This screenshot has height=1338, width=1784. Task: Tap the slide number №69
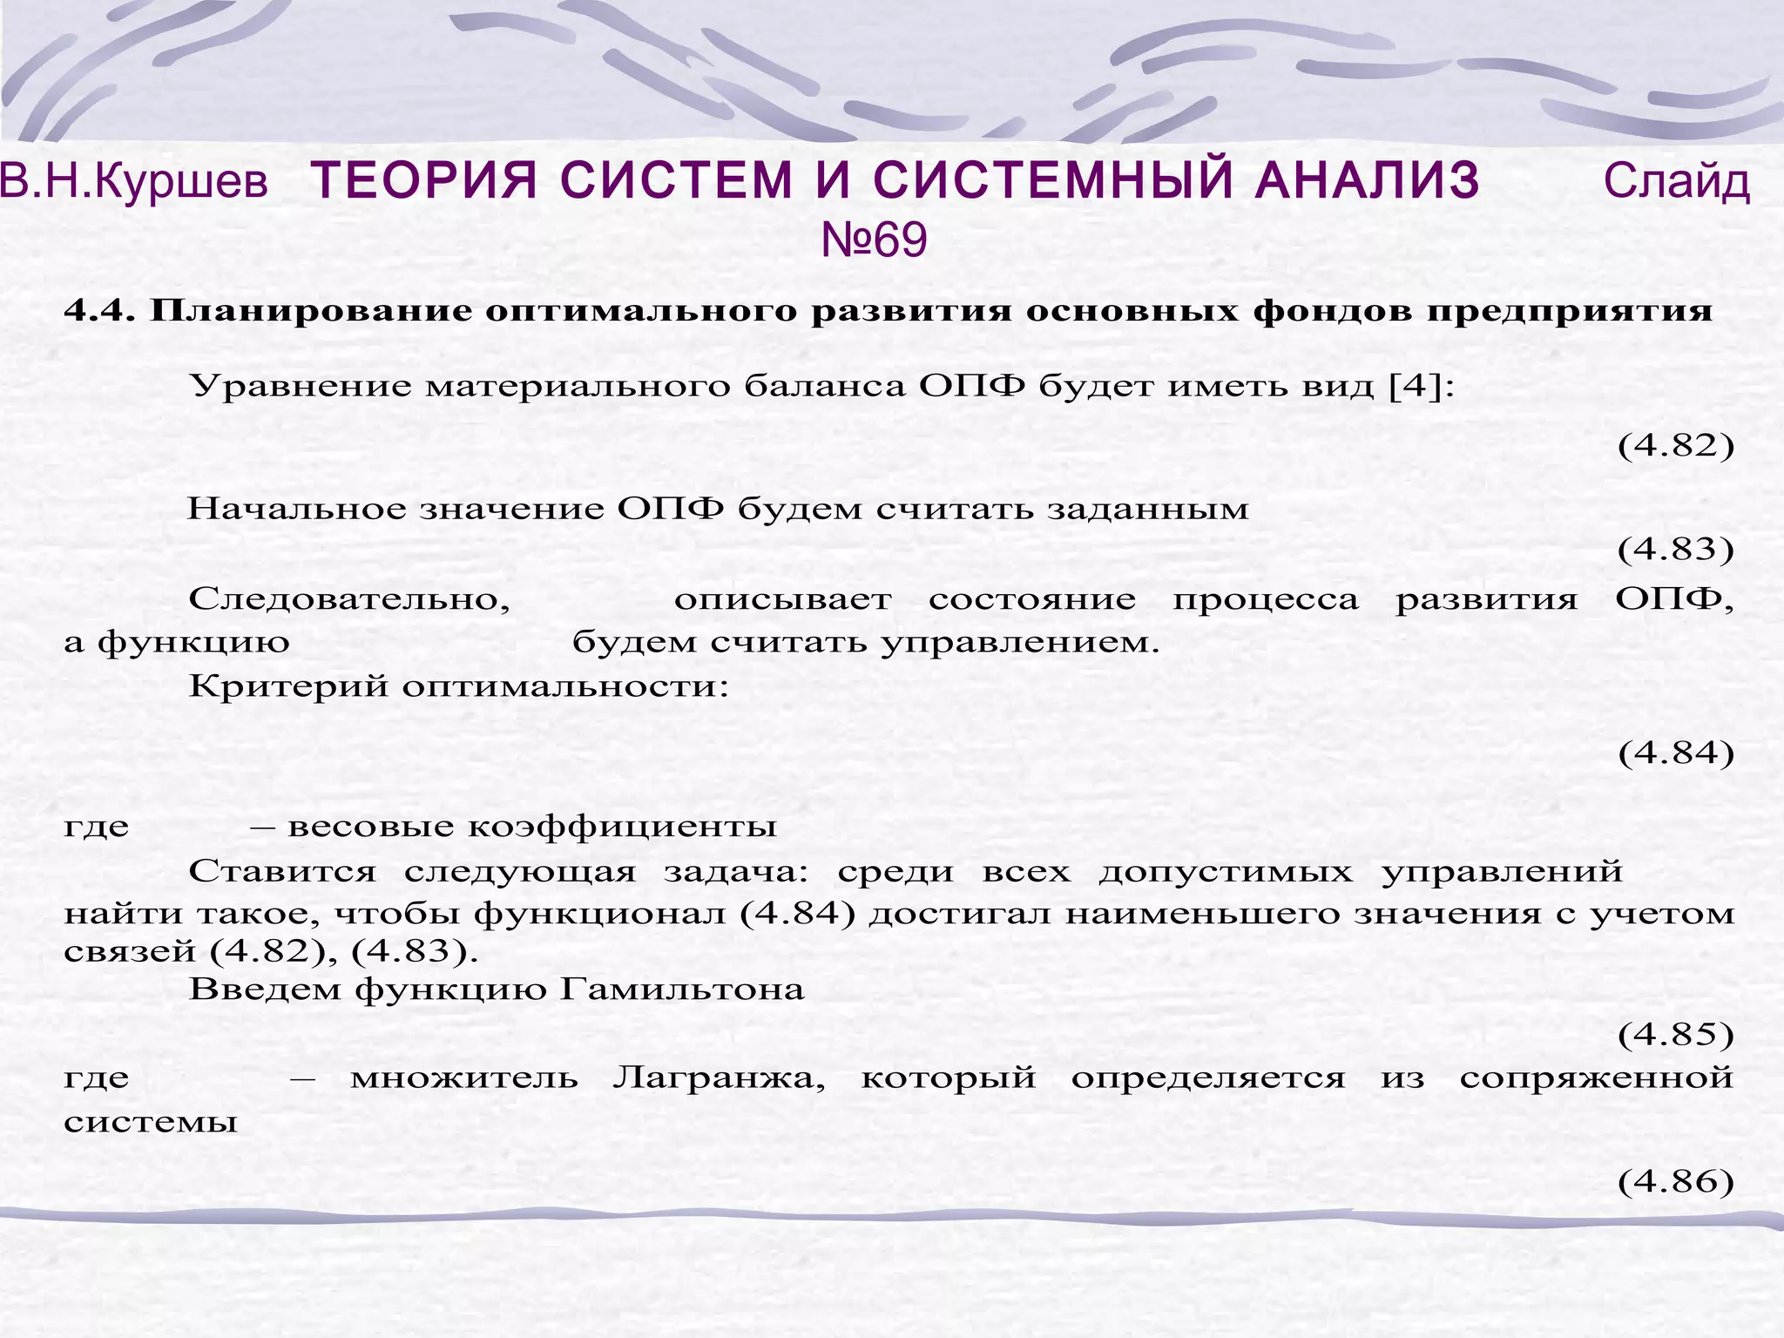point(874,240)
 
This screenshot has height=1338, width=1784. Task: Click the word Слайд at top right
point(1676,182)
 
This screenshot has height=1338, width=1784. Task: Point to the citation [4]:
point(1421,385)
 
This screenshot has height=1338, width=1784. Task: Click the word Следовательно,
point(349,600)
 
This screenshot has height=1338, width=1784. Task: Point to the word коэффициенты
point(622,826)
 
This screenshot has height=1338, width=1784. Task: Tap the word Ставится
point(282,871)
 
